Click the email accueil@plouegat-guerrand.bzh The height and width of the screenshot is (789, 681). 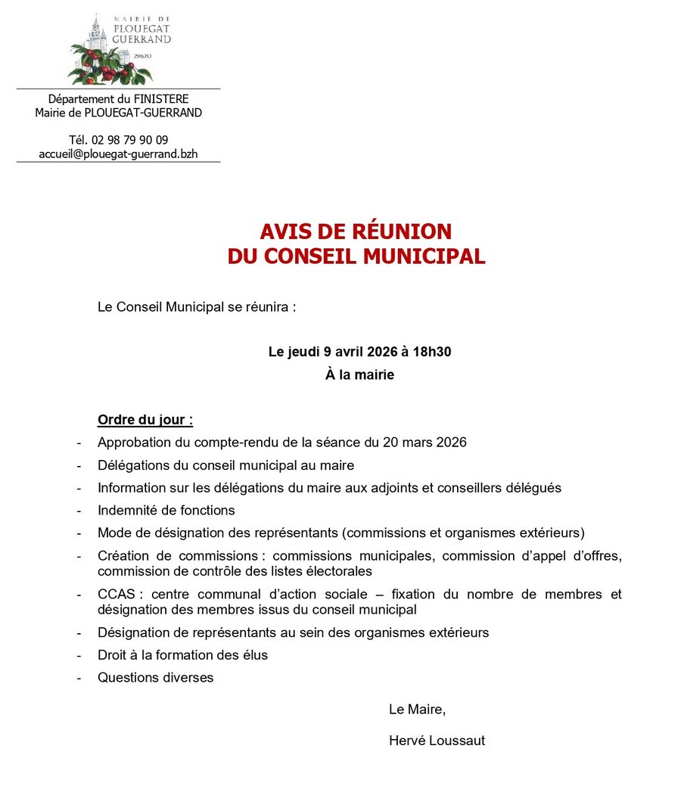click(118, 154)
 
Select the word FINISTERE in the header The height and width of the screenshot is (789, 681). click(161, 99)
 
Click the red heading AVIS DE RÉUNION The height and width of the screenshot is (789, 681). click(356, 231)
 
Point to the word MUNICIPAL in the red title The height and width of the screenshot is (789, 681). click(424, 256)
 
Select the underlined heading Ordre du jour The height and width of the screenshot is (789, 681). click(145, 420)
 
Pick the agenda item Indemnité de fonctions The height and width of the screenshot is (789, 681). click(166, 511)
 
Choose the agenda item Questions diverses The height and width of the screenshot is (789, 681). click(156, 678)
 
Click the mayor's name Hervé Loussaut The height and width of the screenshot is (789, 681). click(437, 741)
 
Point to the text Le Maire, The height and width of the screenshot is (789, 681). click(417, 710)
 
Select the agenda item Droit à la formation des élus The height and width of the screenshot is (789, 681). click(183, 655)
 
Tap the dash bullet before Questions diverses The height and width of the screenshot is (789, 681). click(79, 678)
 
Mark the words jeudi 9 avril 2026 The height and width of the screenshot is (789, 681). click(343, 352)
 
